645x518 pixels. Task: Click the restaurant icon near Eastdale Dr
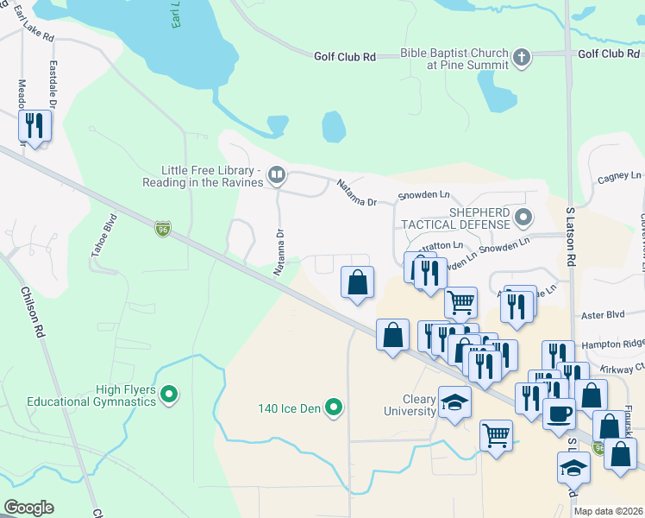[x=34, y=126]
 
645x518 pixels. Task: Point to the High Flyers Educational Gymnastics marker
[x=170, y=395]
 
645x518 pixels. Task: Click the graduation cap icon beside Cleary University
[x=454, y=402]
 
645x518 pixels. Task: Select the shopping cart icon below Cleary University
[x=496, y=434]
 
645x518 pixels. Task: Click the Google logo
[x=28, y=508]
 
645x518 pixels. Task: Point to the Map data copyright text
[x=608, y=511]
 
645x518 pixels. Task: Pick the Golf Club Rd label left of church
[x=345, y=56]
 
